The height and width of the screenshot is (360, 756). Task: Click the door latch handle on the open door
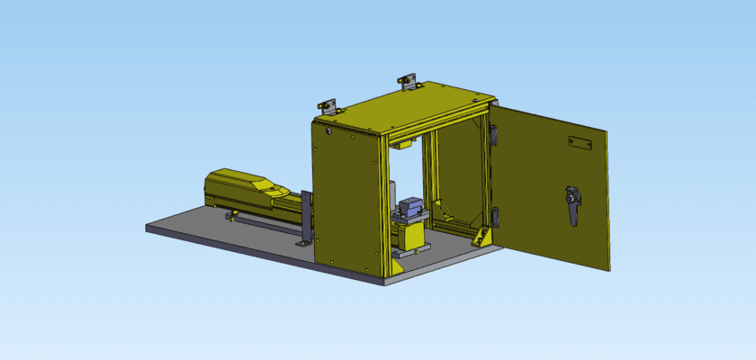coord(571,205)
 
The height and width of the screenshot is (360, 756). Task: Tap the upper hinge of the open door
coord(494,133)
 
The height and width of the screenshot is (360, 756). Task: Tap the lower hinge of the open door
coord(494,216)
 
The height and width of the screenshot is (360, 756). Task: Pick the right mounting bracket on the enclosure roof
coord(409,82)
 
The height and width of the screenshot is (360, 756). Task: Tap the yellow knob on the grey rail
coord(235,213)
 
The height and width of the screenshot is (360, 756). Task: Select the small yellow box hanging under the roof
coord(400,141)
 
